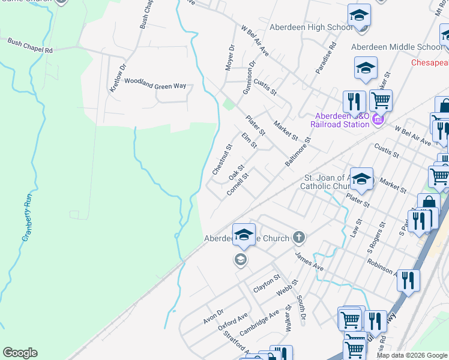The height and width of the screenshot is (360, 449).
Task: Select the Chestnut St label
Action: click(x=222, y=160)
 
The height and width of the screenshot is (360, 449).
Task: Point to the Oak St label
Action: click(x=237, y=173)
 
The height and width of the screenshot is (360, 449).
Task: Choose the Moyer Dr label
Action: click(x=230, y=58)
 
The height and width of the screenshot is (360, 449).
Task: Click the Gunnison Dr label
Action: click(x=249, y=77)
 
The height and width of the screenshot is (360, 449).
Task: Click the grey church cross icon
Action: click(x=299, y=238)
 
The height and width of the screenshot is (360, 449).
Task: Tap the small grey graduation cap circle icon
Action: click(x=240, y=260)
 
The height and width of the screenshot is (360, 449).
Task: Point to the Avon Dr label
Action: click(x=212, y=316)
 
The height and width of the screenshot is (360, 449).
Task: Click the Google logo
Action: click(x=20, y=353)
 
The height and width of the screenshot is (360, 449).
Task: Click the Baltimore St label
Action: click(x=298, y=153)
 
